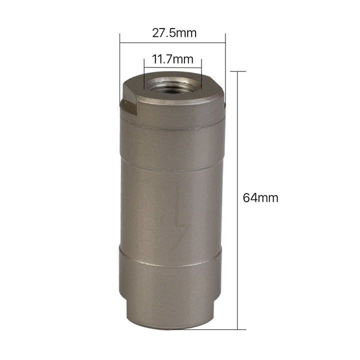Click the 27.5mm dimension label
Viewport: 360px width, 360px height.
pos(174,33)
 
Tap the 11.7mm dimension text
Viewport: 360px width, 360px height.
pos(172,59)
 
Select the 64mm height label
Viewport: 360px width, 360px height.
pos(260,197)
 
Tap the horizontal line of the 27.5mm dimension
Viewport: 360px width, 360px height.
pos(172,42)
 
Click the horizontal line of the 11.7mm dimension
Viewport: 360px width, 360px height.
pos(172,67)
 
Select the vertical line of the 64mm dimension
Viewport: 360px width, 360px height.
pos(237,200)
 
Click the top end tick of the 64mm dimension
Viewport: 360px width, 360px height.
pos(238,71)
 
